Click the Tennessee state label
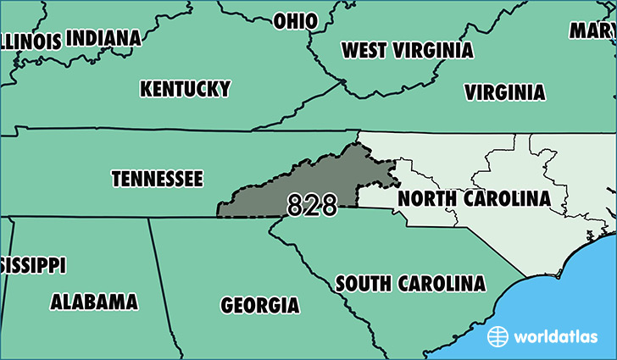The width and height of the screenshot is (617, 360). [157, 180]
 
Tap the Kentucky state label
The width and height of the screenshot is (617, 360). [185, 89]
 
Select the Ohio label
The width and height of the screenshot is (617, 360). [295, 20]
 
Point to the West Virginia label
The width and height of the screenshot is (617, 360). [407, 50]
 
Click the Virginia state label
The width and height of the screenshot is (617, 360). [504, 92]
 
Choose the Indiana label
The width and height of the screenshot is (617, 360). [103, 38]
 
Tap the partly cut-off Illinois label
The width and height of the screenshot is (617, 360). [31, 42]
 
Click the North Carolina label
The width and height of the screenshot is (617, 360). [474, 198]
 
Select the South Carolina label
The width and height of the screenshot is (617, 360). [410, 283]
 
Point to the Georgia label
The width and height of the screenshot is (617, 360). [259, 305]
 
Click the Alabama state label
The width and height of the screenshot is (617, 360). [94, 302]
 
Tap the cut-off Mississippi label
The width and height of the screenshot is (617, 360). [32, 265]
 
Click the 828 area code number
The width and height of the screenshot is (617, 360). [312, 205]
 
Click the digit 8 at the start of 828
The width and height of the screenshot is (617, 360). [295, 205]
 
